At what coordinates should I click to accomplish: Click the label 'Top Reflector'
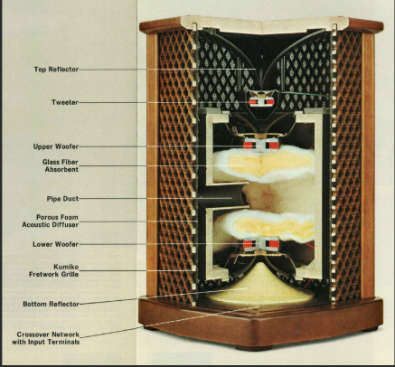click(56, 70)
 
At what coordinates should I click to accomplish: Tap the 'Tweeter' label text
click(65, 102)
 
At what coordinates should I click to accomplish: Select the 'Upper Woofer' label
click(56, 146)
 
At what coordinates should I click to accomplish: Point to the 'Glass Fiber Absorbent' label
click(61, 165)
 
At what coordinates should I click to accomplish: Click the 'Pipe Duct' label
click(62, 199)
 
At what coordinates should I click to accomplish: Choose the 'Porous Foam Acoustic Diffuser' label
click(51, 221)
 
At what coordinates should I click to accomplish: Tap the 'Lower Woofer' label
click(56, 244)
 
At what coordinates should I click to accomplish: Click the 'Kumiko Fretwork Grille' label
click(54, 270)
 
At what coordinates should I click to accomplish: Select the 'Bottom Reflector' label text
click(51, 304)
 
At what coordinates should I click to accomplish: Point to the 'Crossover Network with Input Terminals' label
click(46, 338)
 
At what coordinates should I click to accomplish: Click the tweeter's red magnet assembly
click(261, 102)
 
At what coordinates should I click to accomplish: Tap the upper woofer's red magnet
click(261, 146)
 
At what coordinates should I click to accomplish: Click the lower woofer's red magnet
click(261, 244)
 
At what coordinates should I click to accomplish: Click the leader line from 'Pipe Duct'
click(155, 199)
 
